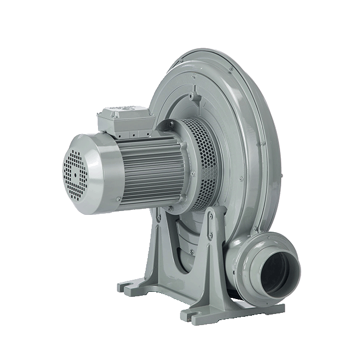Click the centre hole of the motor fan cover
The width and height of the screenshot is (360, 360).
point(73,173)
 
